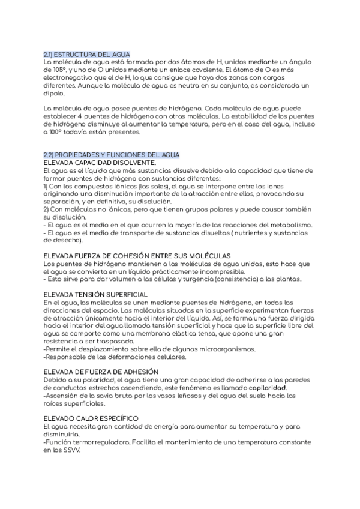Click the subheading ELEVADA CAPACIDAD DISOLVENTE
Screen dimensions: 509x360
100,163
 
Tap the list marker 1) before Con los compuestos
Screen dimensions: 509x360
47,186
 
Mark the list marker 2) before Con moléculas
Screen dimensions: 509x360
47,209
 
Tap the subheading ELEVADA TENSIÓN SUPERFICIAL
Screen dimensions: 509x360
96,295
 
